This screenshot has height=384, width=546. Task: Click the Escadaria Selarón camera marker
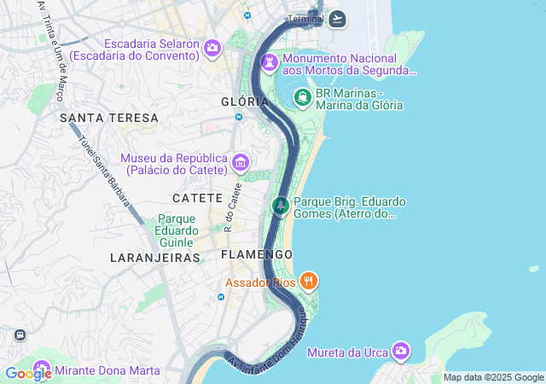pos(212,49)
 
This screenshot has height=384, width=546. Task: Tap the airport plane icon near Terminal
pos(338,19)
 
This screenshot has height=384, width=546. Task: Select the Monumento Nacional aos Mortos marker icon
pos(270,63)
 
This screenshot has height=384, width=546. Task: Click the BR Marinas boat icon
pos(303,98)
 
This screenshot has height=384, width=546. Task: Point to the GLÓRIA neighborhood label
pos(239,101)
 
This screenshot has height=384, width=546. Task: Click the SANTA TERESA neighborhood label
pos(109,117)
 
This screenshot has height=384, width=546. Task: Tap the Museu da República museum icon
pos(241,162)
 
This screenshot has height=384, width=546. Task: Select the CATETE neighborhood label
pos(198,198)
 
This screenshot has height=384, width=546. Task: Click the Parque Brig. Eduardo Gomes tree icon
pos(281,206)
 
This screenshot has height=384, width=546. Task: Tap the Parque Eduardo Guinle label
pos(177,230)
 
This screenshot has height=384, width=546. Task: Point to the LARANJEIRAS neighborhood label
pos(154,257)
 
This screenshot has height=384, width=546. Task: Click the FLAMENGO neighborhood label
pos(256,254)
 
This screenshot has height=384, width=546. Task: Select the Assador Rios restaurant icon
pos(309,281)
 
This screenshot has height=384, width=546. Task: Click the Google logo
pos(27,373)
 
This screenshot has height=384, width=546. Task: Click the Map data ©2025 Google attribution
pos(493,377)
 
